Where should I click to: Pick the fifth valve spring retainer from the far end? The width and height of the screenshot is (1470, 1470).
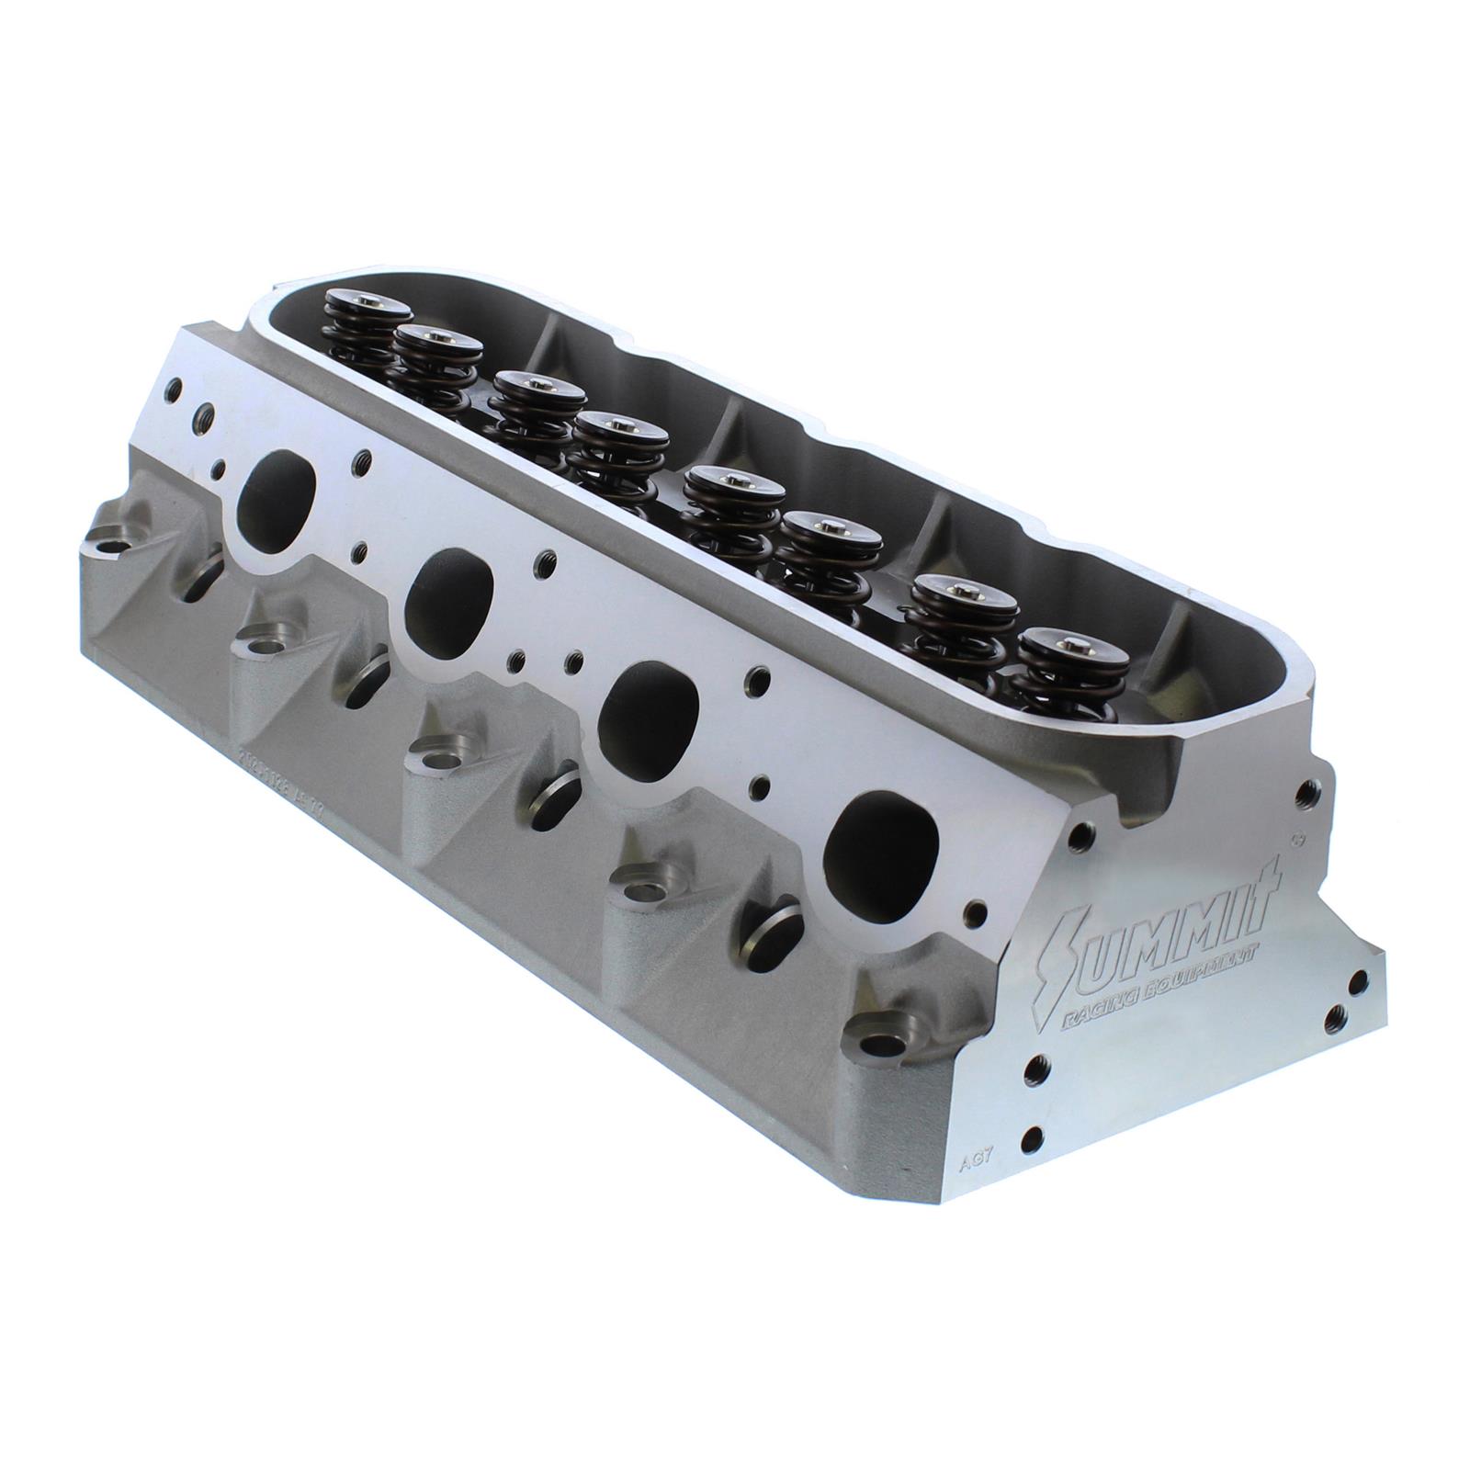coord(731,481)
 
